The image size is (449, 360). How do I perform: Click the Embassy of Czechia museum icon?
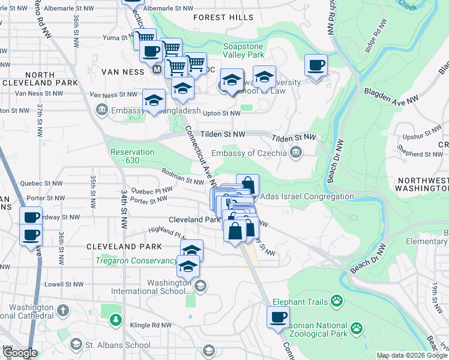[x=295, y=152]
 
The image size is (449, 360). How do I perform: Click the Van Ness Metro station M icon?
[x=157, y=70]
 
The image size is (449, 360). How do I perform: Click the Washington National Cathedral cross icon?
[x=64, y=311]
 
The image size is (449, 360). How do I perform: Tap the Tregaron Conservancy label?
[x=136, y=260]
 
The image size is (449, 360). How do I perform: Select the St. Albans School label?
[x=118, y=345]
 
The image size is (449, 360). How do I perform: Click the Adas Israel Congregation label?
[x=307, y=196]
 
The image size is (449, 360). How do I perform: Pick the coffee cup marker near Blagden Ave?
[x=316, y=65]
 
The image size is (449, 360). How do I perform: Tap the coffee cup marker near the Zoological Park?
[x=278, y=317]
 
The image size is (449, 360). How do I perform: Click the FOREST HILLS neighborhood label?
[x=223, y=17]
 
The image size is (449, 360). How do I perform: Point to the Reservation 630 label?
[x=133, y=156]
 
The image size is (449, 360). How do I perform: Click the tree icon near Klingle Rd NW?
[x=115, y=321]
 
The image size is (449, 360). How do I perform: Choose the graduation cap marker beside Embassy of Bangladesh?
[x=154, y=100]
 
